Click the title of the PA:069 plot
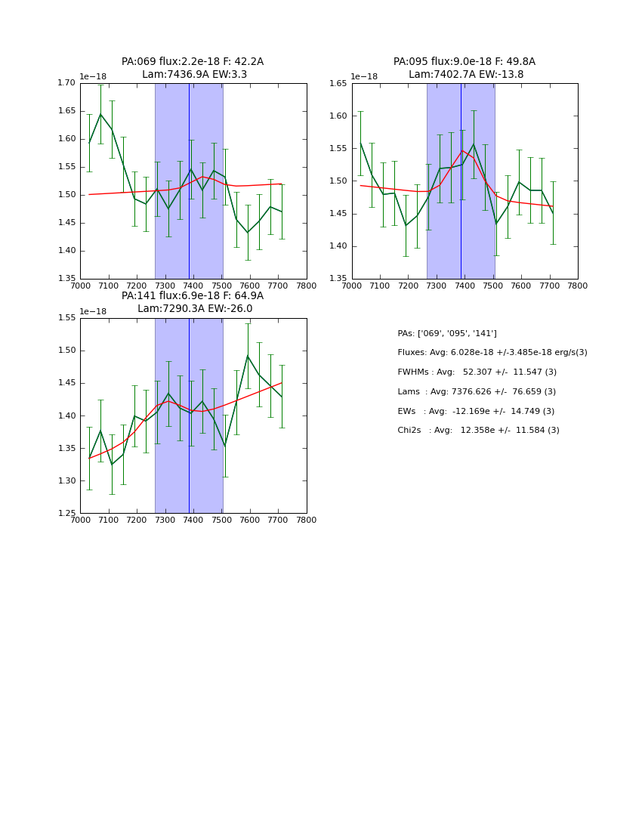193,62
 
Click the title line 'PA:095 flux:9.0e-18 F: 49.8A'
464,62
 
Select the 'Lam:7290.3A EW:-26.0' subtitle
195,309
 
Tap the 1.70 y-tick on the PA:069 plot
67,83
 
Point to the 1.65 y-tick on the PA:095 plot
338,83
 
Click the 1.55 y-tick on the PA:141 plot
67,318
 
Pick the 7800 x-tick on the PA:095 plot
578,286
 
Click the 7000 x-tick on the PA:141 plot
80,520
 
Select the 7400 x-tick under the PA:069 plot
193,286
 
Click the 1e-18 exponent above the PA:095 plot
364,76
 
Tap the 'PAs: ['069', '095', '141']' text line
447,333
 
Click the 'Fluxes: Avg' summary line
492,353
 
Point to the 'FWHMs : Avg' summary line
477,372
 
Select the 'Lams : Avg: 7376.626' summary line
477,392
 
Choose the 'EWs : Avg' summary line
476,411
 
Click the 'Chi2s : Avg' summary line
478,431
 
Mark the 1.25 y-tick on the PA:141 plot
67,514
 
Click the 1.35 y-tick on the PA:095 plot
338,279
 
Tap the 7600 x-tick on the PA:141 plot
250,520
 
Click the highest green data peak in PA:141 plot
248,356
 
